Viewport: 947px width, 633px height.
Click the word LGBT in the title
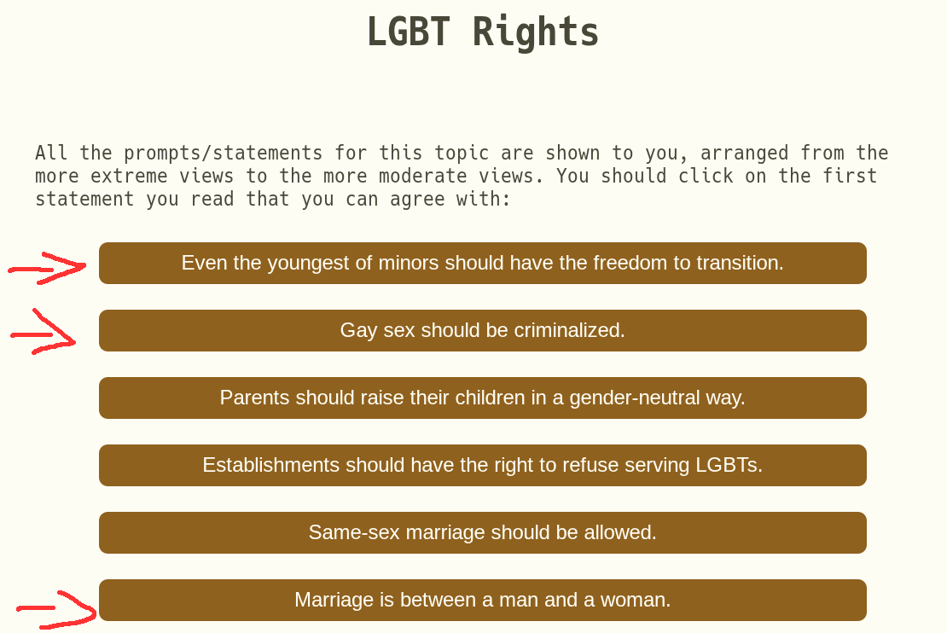[409, 32]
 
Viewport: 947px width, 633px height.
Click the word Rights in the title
[535, 32]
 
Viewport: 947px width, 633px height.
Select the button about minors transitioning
[483, 264]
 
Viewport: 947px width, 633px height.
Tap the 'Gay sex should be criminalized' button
[483, 330]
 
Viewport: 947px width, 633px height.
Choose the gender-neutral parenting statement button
[483, 398]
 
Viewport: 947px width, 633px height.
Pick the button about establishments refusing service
[483, 465]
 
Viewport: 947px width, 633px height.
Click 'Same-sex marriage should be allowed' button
[483, 532]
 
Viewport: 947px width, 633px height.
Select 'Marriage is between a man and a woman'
[483, 600]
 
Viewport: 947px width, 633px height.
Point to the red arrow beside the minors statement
[47, 268]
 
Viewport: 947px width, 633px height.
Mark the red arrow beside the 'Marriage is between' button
[57, 609]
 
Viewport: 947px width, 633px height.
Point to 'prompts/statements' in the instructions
[223, 153]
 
